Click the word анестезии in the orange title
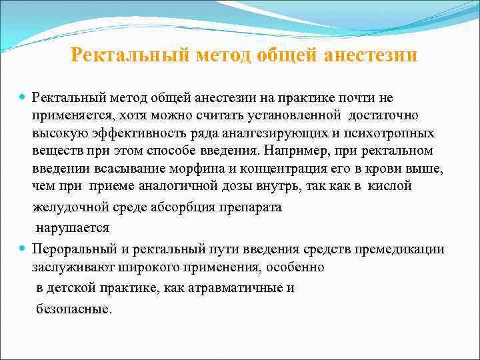click(x=371, y=55)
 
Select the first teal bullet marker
click(x=24, y=98)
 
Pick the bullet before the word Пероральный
click(x=24, y=249)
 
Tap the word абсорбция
click(x=193, y=207)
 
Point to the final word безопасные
click(x=74, y=309)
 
